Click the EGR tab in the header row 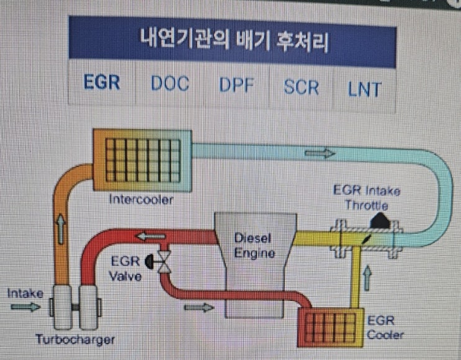click(102, 83)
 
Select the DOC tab click(169, 84)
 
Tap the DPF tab click(236, 85)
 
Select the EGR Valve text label click(127, 268)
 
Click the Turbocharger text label click(75, 340)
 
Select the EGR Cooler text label click(385, 329)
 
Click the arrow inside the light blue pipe click(320, 153)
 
